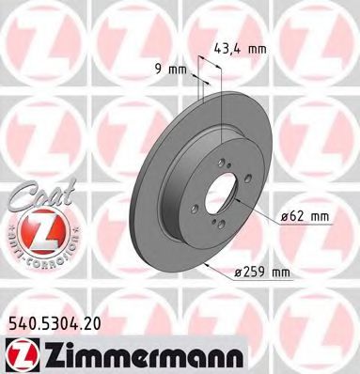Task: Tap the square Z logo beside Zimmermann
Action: click(x=20, y=353)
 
